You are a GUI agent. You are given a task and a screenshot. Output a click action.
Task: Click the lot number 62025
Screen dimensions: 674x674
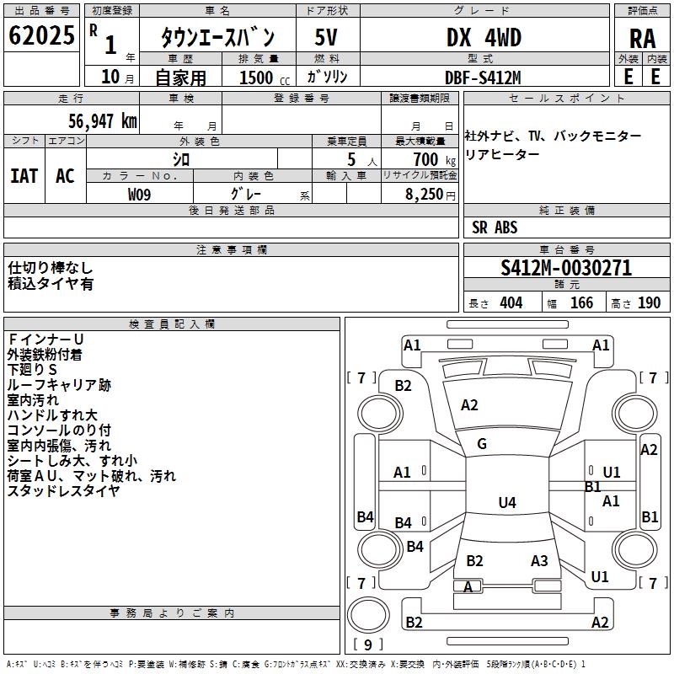(x=41, y=37)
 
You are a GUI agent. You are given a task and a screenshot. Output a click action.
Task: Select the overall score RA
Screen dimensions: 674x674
(x=642, y=38)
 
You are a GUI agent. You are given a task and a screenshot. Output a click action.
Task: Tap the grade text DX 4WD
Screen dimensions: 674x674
(x=484, y=38)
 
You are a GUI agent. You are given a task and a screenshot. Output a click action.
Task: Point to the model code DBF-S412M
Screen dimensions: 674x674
(x=483, y=77)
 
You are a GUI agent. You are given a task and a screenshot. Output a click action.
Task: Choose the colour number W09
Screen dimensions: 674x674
(x=140, y=194)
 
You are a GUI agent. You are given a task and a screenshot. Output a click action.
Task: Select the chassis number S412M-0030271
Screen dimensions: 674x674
(x=565, y=268)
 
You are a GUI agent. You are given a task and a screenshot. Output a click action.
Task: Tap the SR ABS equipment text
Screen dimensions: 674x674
(x=495, y=227)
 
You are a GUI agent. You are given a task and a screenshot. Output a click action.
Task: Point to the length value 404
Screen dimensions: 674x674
(x=511, y=303)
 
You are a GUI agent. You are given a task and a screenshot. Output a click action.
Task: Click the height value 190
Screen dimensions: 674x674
(x=649, y=303)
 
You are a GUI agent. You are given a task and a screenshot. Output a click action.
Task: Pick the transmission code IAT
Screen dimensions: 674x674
(x=24, y=176)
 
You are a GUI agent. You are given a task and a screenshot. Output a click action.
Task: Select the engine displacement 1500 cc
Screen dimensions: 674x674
(x=258, y=78)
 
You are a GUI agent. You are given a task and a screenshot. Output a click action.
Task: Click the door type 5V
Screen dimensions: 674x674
(x=327, y=38)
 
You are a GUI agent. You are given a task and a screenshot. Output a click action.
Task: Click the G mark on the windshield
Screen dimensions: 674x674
(x=482, y=444)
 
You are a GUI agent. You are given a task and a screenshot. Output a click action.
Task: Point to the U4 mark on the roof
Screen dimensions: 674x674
(x=506, y=503)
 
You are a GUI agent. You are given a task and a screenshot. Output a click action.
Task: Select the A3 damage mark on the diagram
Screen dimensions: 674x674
(x=539, y=561)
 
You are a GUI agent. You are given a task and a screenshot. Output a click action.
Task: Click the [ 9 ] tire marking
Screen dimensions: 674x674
(x=367, y=645)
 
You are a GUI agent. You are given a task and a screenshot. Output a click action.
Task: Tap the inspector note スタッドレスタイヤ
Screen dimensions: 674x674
(x=63, y=491)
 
